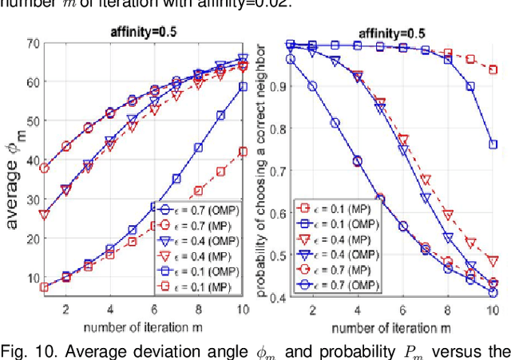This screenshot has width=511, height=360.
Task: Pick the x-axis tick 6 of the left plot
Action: pos(153,309)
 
